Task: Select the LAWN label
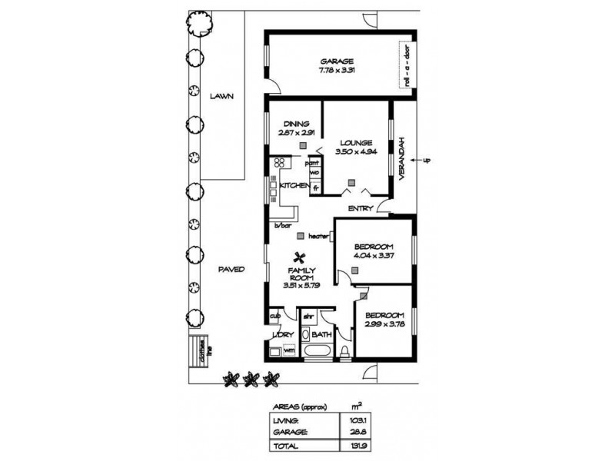coord(221,96)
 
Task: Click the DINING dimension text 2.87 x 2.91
coord(296,132)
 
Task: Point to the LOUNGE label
coord(354,142)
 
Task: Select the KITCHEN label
coord(294,186)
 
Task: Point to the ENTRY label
coord(361,208)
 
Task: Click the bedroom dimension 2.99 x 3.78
coord(384,324)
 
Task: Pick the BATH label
coord(321,334)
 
